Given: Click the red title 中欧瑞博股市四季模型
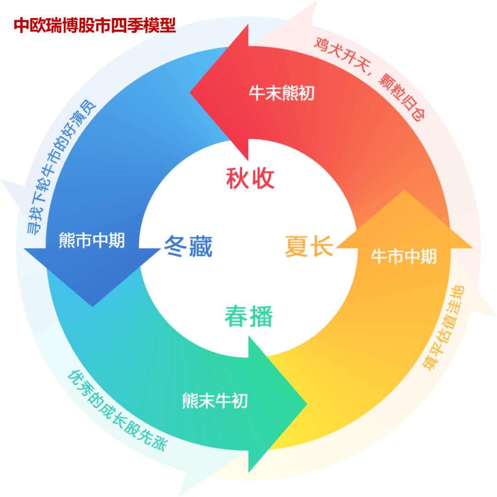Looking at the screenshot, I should coord(94,26).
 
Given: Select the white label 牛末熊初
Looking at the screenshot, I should coord(282,93).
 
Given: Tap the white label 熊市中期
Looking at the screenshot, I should coord(92,240).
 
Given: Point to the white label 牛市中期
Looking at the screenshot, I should coord(404,257).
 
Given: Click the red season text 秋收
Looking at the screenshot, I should coord(250,178).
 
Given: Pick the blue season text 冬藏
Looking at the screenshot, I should coord(188,246).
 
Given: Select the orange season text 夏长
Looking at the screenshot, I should coord(309,246).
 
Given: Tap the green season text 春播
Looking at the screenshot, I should coord(249,317).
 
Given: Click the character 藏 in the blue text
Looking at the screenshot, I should coord(201,246).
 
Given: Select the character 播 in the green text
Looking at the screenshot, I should coord(261,317).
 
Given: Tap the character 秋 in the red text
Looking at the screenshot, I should coord(237,178).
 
